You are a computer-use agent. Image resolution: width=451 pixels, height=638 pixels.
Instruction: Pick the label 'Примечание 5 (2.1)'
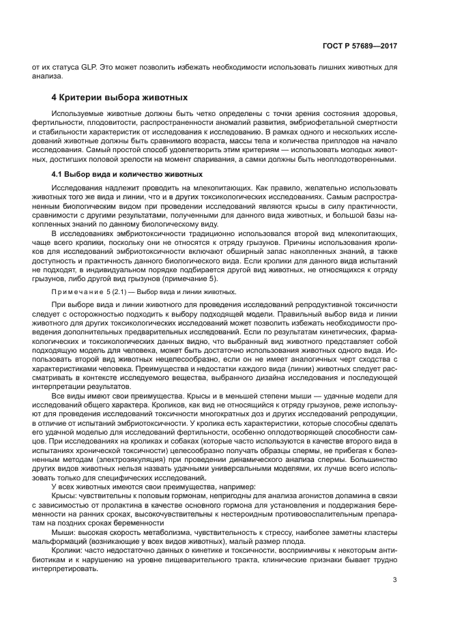87,291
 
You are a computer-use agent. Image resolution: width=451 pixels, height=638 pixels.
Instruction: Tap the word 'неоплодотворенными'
353,159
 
